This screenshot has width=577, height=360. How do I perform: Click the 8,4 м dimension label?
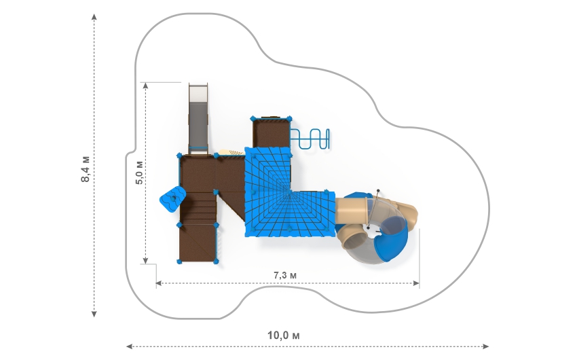(85, 169)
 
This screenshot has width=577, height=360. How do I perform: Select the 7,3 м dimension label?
(285, 275)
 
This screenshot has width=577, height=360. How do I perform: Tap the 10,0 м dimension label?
(283, 336)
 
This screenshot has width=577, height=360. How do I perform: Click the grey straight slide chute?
(198, 118)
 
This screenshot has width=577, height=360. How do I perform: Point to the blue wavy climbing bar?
(310, 139)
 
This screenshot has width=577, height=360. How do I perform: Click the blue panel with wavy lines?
(172, 199)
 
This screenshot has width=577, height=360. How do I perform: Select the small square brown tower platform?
(272, 133)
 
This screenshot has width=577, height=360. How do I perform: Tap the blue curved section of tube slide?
(394, 238)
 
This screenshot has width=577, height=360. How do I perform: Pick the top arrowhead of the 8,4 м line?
(94, 16)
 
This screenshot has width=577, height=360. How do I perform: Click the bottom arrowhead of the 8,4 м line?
(94, 314)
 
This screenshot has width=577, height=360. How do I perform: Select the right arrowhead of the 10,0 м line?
(486, 346)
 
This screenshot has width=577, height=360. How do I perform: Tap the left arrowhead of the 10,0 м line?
(129, 346)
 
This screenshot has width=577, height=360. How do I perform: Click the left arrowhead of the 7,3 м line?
(159, 283)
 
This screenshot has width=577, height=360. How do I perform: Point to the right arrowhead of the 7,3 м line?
(416, 283)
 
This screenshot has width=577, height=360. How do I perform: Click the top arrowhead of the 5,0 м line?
(146, 86)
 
